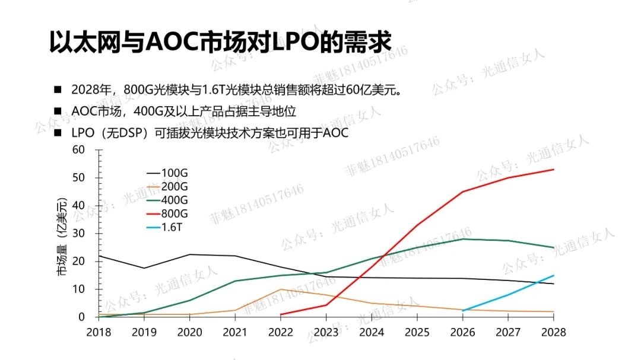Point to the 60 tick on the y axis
click(x=79, y=149)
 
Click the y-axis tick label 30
click(x=79, y=233)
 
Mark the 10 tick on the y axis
click(x=79, y=289)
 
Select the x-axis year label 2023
click(x=326, y=332)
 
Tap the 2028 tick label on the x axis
click(x=553, y=332)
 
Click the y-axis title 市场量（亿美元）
click(x=62, y=237)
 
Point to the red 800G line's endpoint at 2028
click(x=553, y=170)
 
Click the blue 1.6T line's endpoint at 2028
click(x=553, y=275)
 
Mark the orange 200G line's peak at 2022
click(x=280, y=289)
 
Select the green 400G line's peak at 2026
click(x=462, y=238)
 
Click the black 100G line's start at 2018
click(x=99, y=256)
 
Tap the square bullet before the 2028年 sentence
click(x=58, y=90)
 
